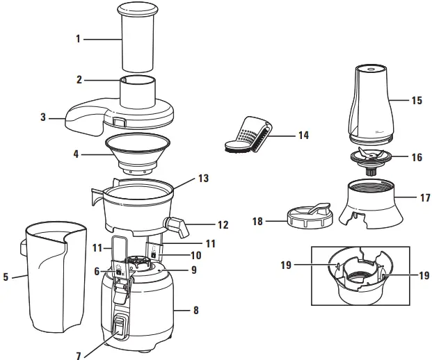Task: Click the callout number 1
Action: (79, 39)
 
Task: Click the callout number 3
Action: (43, 117)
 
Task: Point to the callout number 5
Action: (6, 277)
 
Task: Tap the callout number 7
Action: (79, 356)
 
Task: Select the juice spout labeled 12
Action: (178, 227)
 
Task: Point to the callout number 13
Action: (204, 178)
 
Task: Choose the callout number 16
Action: (417, 158)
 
